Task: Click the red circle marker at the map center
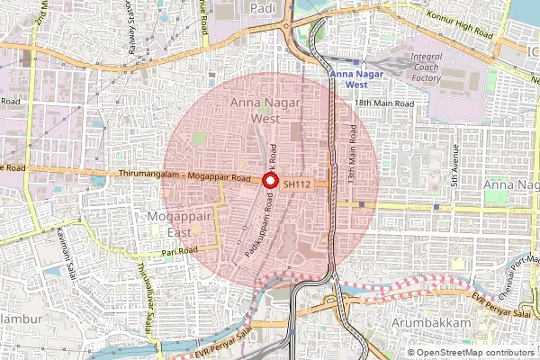point(269,181)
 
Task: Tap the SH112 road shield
point(296,184)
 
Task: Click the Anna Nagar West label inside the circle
point(257,111)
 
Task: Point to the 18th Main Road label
point(384,104)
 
